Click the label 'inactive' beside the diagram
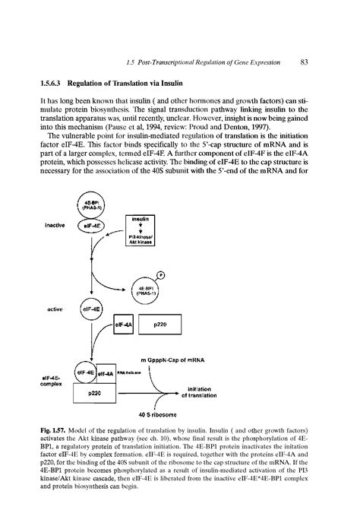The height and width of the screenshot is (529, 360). [x=52, y=226]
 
